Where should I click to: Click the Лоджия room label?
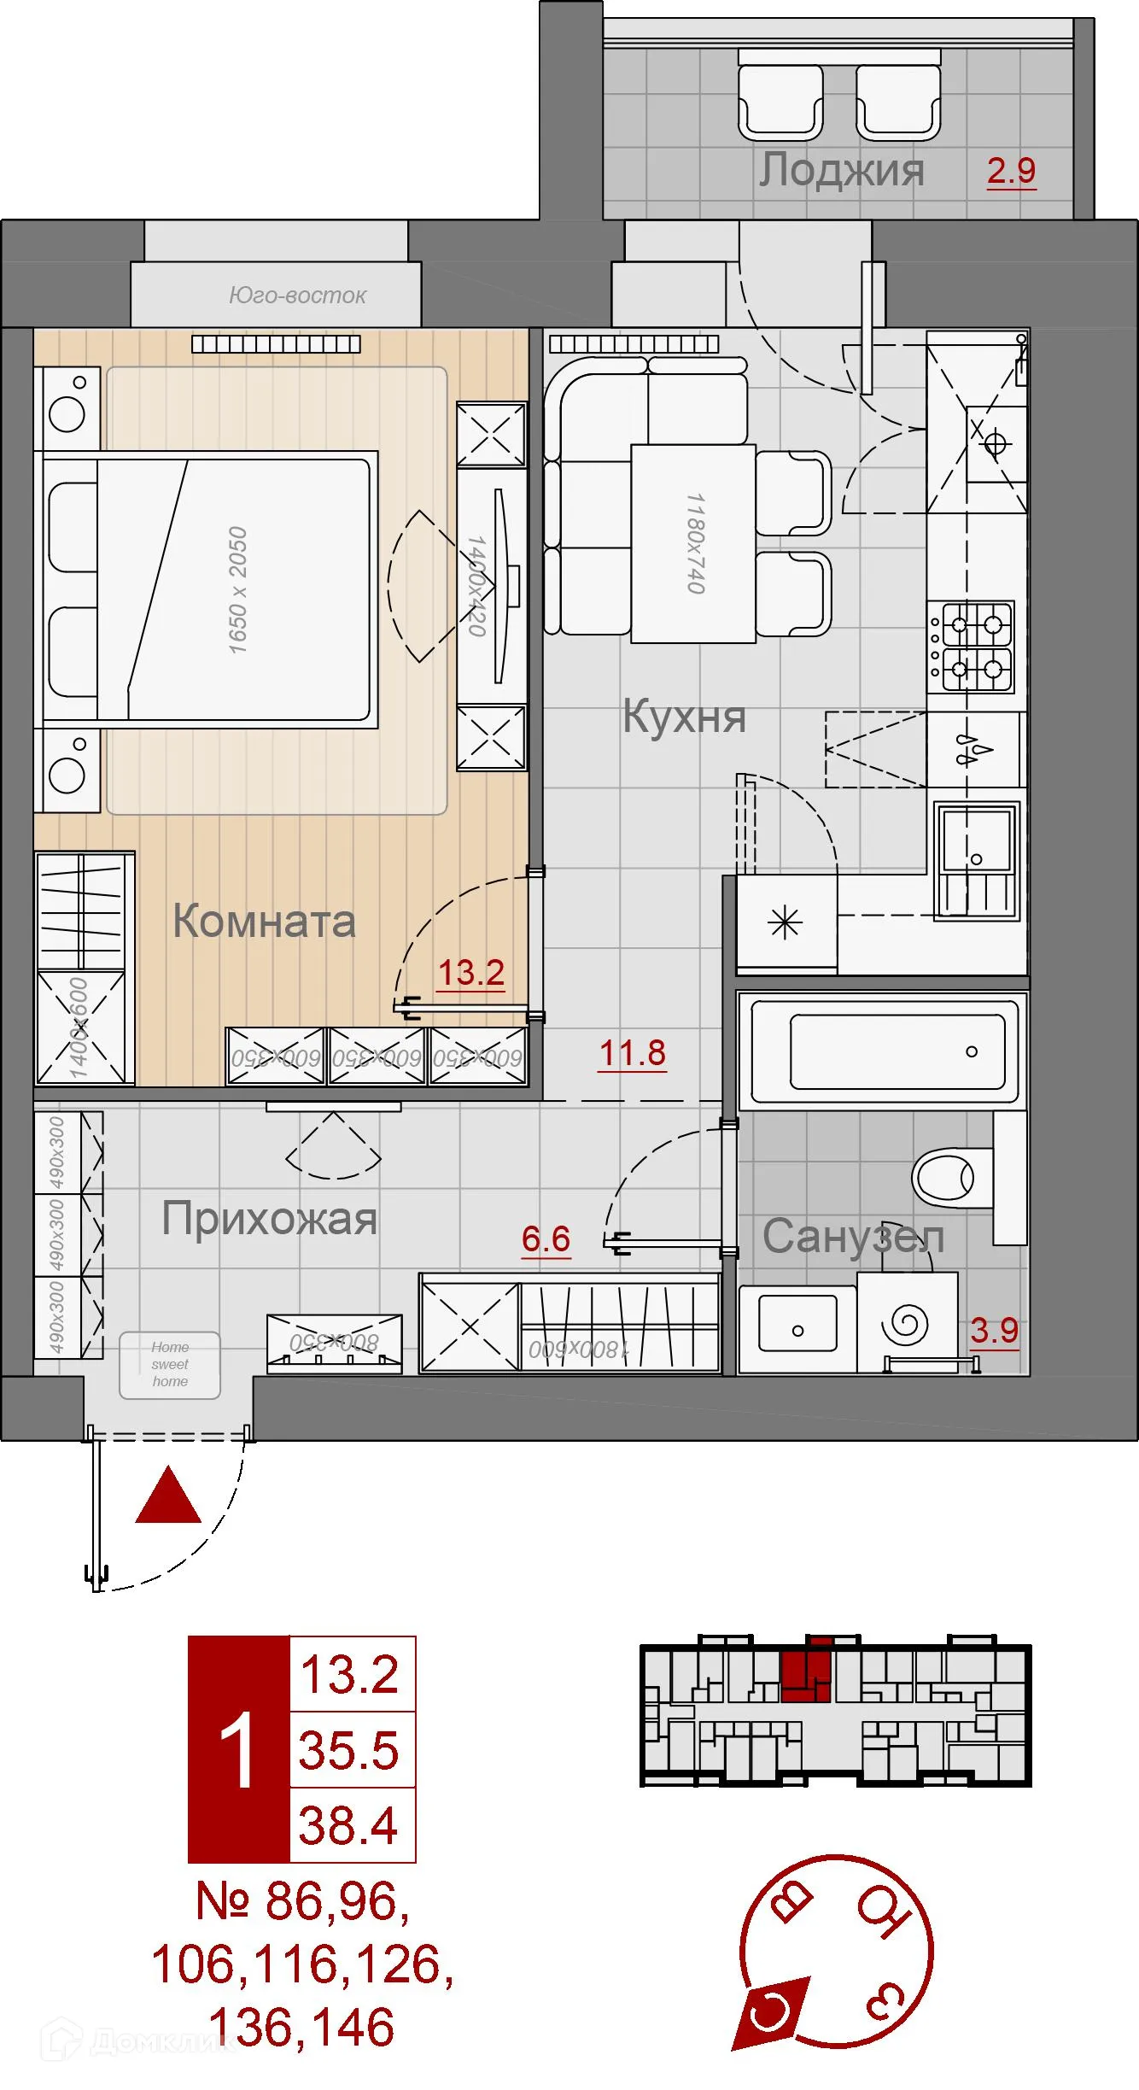point(841,170)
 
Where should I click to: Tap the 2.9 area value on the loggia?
point(1011,171)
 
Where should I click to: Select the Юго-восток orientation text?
point(297,296)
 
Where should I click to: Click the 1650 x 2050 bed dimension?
point(237,590)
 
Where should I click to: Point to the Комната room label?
point(264,922)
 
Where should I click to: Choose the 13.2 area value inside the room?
point(470,973)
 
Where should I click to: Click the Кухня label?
point(684,716)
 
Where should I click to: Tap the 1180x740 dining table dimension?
point(695,542)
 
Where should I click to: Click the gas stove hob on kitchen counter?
point(973,647)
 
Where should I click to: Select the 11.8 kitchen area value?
point(632,1053)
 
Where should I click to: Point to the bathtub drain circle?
point(972,1051)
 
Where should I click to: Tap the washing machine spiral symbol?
point(908,1325)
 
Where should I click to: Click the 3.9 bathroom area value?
point(995,1331)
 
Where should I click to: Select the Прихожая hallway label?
point(270,1219)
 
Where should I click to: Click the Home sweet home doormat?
point(170,1364)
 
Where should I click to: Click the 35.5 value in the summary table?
point(349,1750)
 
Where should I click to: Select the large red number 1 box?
point(238,1750)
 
